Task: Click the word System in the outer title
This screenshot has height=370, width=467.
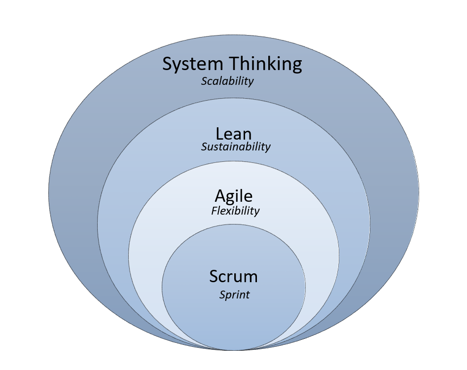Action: point(192,65)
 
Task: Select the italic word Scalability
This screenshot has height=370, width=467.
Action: point(227,81)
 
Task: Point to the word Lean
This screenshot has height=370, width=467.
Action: point(233,134)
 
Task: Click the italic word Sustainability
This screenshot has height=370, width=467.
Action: point(236,147)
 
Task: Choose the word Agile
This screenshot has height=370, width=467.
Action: point(233,196)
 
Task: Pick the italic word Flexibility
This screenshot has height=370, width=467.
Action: point(235,211)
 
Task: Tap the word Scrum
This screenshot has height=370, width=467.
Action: point(233,276)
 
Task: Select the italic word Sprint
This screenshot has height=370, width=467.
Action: point(234,295)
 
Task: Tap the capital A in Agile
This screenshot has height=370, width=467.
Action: point(220,196)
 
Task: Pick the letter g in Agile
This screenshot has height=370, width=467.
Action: point(231,198)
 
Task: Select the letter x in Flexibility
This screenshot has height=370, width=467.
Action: point(226,211)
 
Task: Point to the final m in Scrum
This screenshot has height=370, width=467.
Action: point(251,277)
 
